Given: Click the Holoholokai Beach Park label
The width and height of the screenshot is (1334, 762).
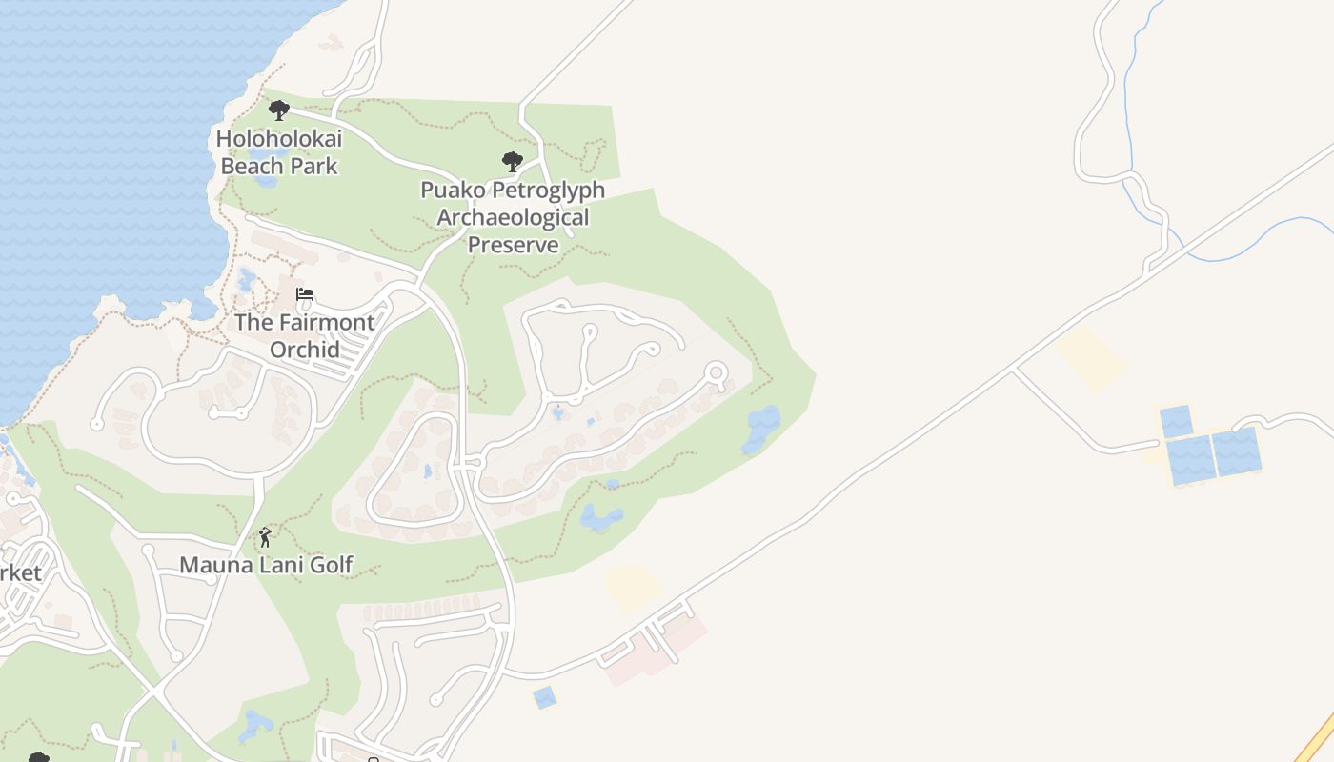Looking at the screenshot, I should point(279,152).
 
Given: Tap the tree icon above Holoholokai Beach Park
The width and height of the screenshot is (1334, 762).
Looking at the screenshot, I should point(278,110).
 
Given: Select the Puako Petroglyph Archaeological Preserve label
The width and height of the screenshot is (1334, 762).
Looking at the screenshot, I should point(513,217).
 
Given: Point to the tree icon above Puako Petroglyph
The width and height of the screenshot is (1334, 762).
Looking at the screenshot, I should point(513,161).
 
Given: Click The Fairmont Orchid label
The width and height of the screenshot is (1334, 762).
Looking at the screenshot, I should point(305,335).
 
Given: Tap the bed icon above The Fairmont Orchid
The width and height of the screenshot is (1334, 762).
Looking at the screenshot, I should point(305,294).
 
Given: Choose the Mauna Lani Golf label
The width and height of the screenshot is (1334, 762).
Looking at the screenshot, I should point(267,565).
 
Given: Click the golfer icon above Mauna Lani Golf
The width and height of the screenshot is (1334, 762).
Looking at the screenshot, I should point(265,537).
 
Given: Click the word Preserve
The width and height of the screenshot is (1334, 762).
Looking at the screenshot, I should point(513,245).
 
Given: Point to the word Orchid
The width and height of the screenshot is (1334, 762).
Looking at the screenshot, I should point(305,350).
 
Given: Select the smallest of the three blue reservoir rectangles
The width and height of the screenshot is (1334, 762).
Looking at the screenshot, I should point(1175,421).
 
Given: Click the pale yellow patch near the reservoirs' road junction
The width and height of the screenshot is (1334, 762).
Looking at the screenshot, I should point(1090,357).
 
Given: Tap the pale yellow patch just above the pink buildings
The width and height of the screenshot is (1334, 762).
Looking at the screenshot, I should point(633,589).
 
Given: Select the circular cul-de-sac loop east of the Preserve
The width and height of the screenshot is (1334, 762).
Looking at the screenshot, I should point(716,371).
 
